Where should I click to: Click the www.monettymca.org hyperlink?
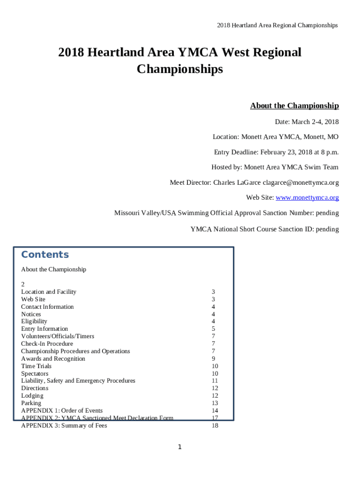pyautogui.click(x=307, y=197)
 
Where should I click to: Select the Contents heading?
pyautogui.click(x=45, y=254)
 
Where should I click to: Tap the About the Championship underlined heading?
pyautogui.click(x=294, y=106)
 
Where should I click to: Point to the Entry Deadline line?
pyautogui.click(x=276, y=152)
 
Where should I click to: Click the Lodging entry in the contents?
pyautogui.click(x=32, y=396)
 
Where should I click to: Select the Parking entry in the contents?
pyautogui.click(x=31, y=403)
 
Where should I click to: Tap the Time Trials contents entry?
pyautogui.click(x=36, y=366)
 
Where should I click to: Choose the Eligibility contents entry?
pyautogui.click(x=34, y=321)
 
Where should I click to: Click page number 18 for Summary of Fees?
pyautogui.click(x=215, y=426)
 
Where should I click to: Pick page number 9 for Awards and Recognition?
pyautogui.click(x=213, y=359)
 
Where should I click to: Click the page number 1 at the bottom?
pyautogui.click(x=180, y=447)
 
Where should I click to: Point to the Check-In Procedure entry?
pyautogui.click(x=47, y=344)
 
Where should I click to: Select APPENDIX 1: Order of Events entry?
pyautogui.click(x=62, y=411)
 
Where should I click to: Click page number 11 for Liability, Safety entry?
pyautogui.click(x=215, y=381)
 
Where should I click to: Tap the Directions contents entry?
pyautogui.click(x=35, y=388)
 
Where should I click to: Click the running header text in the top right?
pyautogui.click(x=277, y=25)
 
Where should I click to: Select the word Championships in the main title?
pyautogui.click(x=180, y=69)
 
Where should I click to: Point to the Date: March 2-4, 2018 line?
pyautogui.click(x=306, y=122)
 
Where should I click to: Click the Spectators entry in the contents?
pyautogui.click(x=35, y=374)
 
